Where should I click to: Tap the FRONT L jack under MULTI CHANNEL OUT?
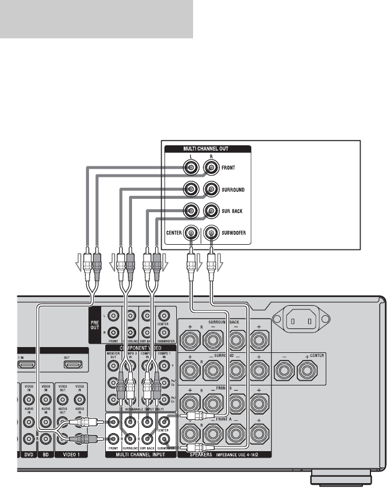click(x=191, y=168)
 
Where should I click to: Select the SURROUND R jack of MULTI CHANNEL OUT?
click(x=211, y=189)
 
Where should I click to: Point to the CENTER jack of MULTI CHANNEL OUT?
click(x=191, y=233)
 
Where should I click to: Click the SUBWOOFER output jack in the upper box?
click(x=211, y=233)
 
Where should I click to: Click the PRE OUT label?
click(x=94, y=323)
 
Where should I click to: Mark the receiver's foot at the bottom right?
click(x=340, y=480)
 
